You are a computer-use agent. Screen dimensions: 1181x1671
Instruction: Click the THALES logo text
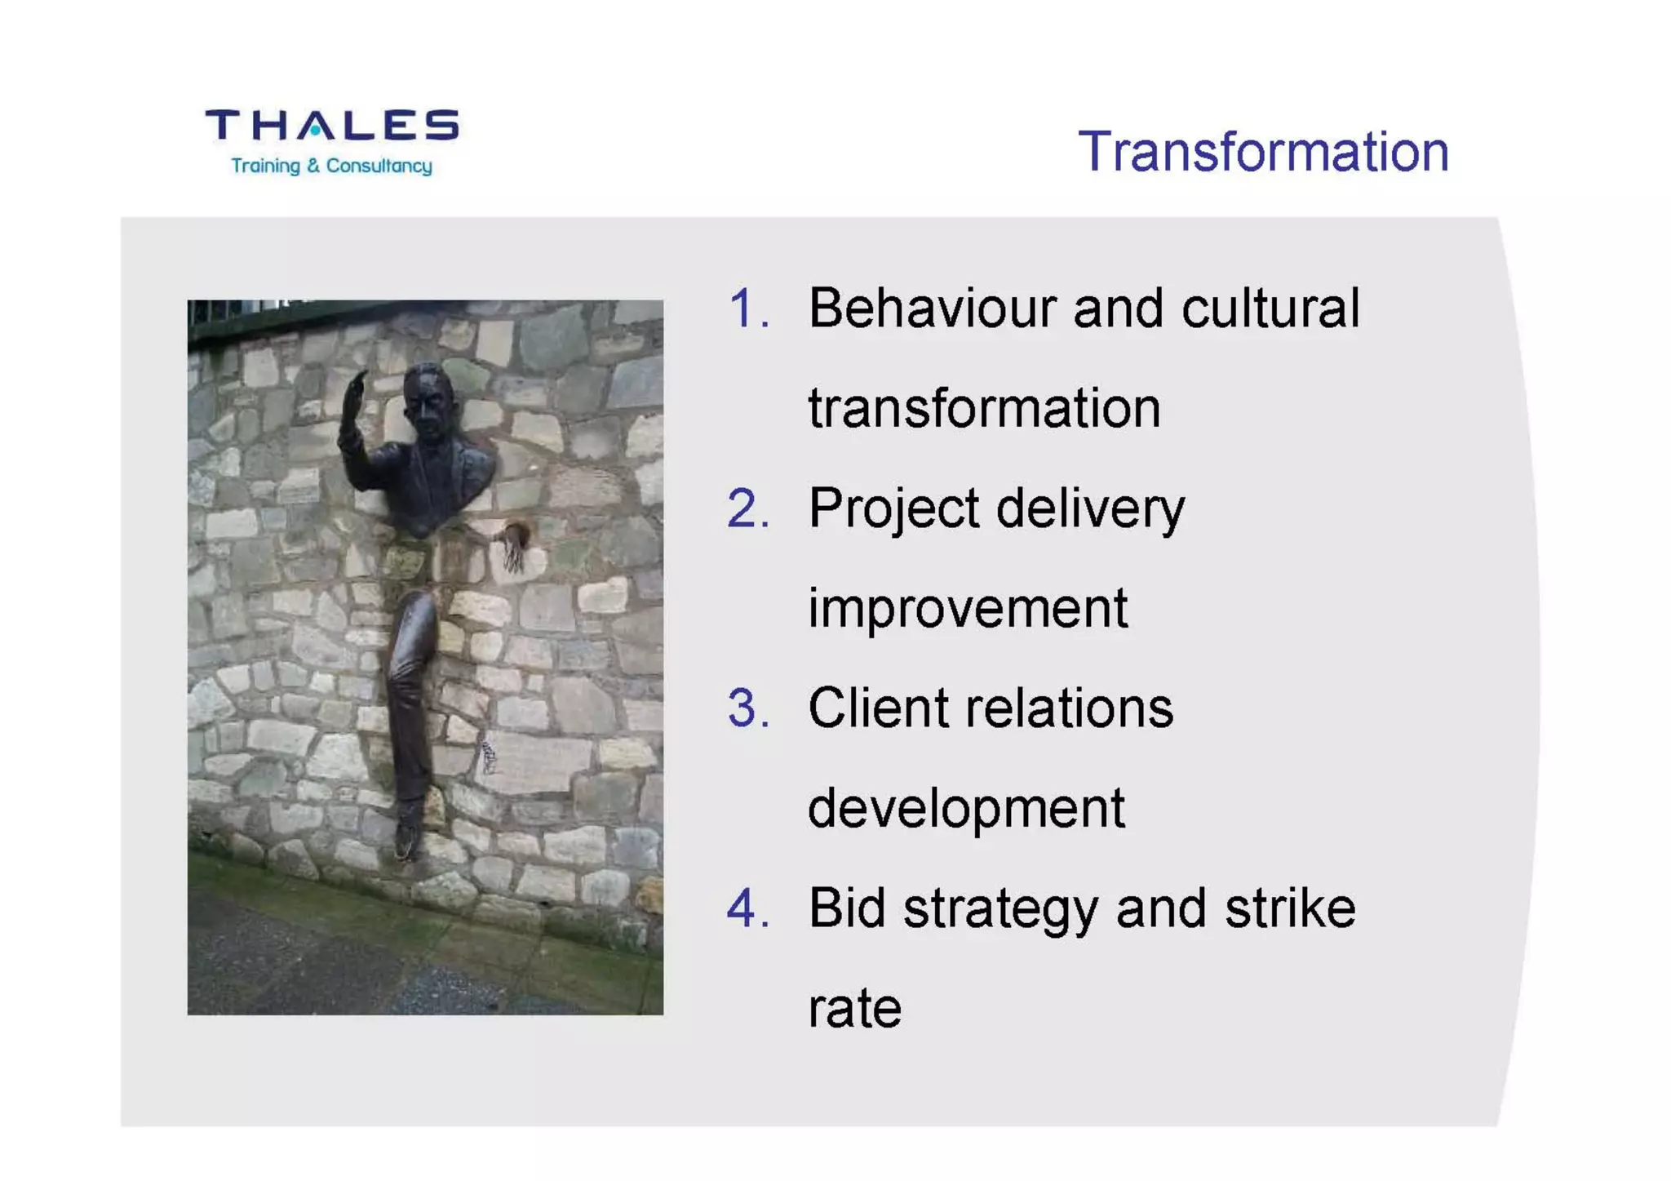tap(331, 125)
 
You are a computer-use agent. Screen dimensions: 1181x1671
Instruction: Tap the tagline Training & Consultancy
tap(331, 166)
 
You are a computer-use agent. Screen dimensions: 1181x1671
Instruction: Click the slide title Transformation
tap(1263, 152)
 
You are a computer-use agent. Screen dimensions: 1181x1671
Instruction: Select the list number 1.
tap(747, 309)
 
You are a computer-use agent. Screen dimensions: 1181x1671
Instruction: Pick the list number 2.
tap(747, 508)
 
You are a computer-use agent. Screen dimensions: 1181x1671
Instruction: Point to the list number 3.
tap(747, 708)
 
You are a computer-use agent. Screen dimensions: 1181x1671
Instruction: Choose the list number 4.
tap(747, 908)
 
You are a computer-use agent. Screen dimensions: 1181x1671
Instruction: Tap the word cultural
tap(1270, 309)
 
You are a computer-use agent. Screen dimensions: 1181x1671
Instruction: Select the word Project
tap(893, 508)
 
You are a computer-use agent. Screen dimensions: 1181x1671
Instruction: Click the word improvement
tap(968, 608)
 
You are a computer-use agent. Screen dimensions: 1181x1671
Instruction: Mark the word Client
tap(879, 708)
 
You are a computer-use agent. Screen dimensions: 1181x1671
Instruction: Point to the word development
tap(966, 808)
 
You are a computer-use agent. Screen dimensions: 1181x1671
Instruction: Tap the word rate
tap(854, 1009)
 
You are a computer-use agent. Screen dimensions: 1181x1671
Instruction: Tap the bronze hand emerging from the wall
tap(514, 545)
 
